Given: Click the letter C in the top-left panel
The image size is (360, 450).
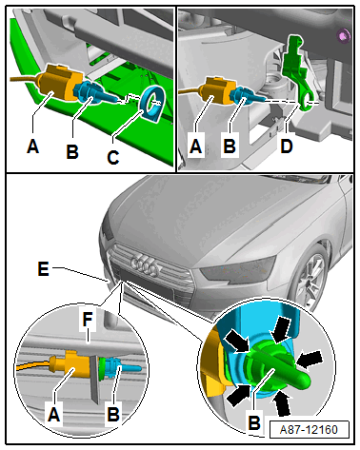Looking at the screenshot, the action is [113, 158].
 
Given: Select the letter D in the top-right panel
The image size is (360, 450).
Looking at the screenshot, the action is [287, 147].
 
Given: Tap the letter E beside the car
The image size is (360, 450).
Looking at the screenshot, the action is [43, 269].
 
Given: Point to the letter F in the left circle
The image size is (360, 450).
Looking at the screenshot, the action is [88, 320].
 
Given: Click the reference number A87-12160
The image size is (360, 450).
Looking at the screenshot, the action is [309, 430].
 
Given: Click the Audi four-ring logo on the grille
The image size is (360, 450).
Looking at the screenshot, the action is [145, 265].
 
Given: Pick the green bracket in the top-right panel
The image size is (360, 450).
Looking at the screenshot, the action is [297, 72].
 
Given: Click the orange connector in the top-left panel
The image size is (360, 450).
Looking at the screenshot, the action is [59, 84].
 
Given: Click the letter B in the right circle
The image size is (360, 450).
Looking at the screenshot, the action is [254, 422].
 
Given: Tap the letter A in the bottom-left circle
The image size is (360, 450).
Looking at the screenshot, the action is [54, 415].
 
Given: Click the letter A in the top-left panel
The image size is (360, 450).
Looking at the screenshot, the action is [33, 147].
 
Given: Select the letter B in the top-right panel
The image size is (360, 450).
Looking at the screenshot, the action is [230, 147].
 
